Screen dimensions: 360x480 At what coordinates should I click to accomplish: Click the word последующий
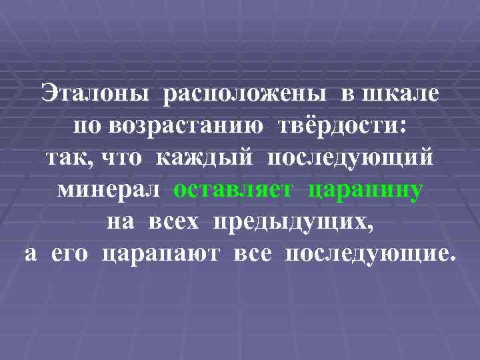point(351,158)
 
